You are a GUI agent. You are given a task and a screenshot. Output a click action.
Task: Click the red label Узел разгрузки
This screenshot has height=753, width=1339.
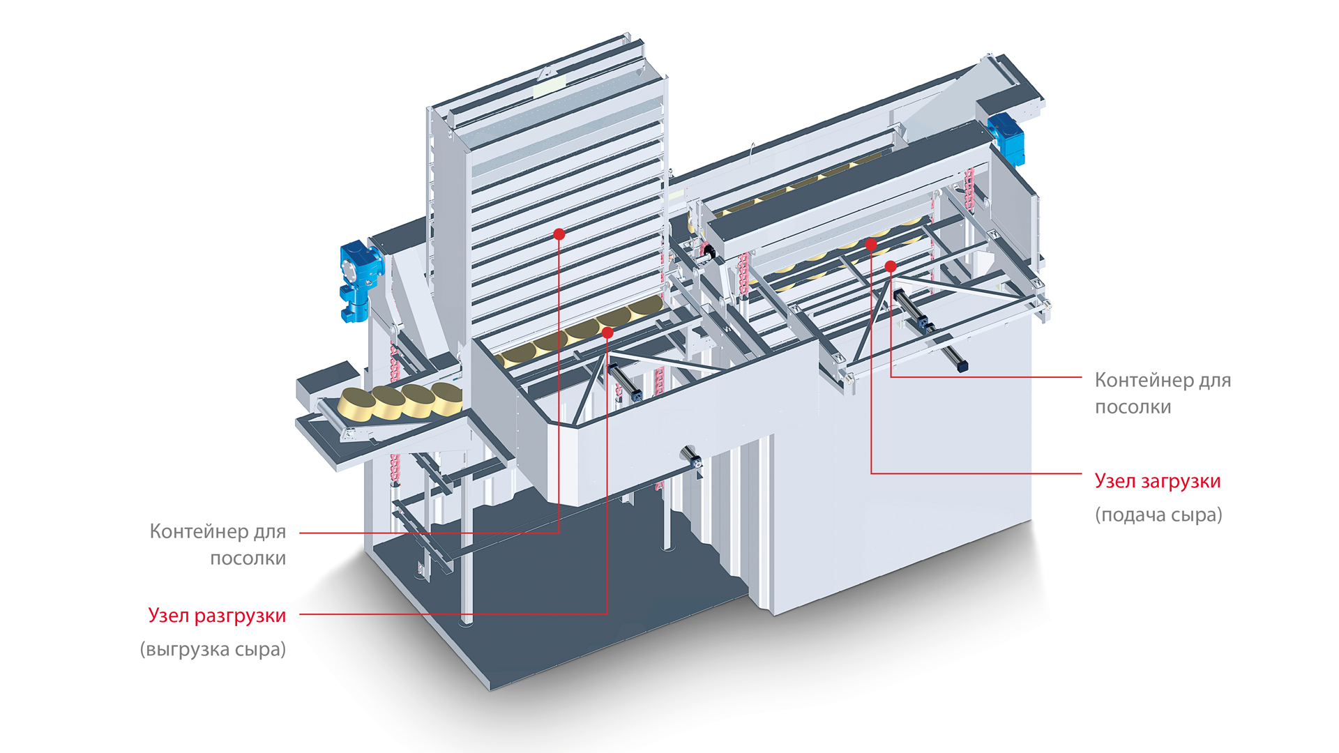(217, 616)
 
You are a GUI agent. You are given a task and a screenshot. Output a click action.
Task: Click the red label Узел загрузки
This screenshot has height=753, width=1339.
(1158, 482)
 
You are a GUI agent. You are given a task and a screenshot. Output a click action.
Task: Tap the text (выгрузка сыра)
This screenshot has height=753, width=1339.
(213, 650)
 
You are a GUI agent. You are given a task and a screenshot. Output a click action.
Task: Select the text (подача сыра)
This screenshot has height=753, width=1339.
(1158, 515)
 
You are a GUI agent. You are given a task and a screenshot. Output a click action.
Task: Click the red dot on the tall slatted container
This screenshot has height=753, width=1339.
(559, 234)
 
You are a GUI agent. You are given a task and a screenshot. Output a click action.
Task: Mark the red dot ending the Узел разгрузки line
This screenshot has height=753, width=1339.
(607, 333)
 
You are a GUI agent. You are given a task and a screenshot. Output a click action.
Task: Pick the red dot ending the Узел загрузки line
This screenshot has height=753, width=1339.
(871, 244)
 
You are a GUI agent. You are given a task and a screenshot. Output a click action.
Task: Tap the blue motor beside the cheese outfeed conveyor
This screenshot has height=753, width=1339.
(360, 280)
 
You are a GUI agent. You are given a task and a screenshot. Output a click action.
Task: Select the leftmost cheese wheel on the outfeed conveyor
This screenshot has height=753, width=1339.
(356, 405)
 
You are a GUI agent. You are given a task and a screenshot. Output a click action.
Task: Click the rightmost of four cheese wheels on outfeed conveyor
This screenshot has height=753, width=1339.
(446, 398)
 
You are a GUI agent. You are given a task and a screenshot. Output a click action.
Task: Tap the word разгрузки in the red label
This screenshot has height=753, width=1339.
(240, 616)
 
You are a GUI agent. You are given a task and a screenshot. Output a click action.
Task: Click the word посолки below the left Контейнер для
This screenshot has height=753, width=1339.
(248, 558)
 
